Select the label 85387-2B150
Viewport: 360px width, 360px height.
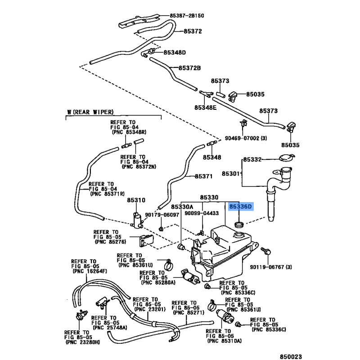(x=187, y=15)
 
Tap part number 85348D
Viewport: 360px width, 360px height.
(x=174, y=52)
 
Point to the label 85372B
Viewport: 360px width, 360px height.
(x=189, y=68)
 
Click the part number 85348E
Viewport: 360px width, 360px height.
(x=205, y=108)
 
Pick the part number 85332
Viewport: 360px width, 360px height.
(x=252, y=160)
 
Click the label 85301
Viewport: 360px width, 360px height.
(x=231, y=173)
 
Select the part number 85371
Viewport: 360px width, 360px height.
(x=203, y=176)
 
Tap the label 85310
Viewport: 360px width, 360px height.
(x=136, y=200)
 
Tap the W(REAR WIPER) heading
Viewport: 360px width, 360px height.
(x=90, y=112)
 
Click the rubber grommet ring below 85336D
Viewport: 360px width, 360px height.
(x=239, y=223)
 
